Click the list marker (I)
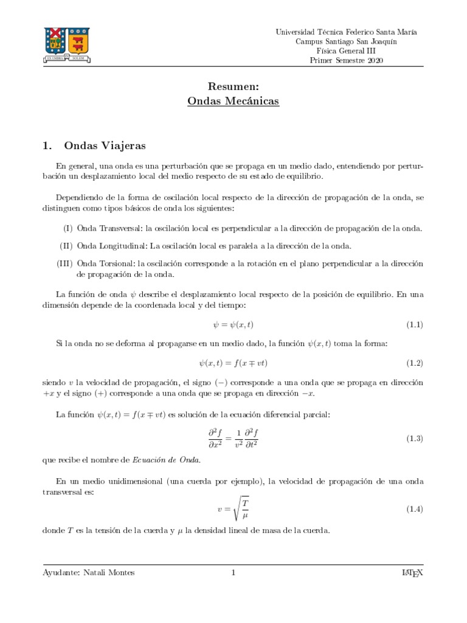[x=67, y=228]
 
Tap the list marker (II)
[x=66, y=246]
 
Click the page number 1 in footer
[x=233, y=573]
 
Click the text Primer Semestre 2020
[x=347, y=61]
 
